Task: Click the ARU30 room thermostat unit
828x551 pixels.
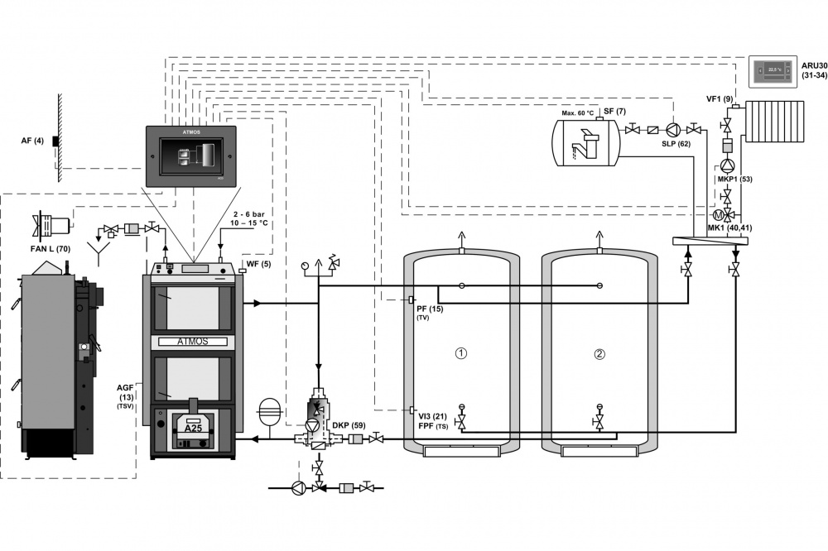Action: click(773, 70)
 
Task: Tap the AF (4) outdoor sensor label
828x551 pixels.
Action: click(32, 141)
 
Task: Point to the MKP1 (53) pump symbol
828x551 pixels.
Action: click(727, 165)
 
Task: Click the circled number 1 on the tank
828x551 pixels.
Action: click(462, 353)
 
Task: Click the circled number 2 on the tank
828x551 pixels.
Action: click(600, 353)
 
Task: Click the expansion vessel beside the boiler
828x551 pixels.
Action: click(269, 411)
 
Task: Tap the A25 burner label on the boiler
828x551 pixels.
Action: click(193, 429)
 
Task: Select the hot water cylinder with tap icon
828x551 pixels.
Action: click(586, 141)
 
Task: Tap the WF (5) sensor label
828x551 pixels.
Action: click(259, 265)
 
